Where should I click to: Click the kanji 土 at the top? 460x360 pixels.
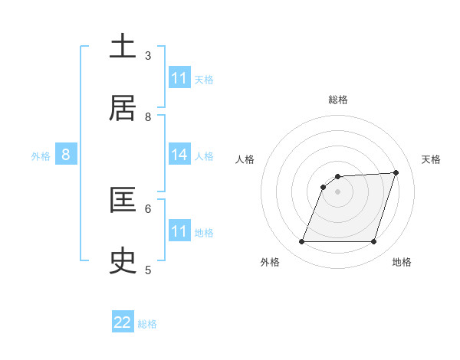tap(123, 47)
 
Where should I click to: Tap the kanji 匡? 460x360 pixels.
tap(123, 200)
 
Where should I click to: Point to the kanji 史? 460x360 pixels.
tap(123, 261)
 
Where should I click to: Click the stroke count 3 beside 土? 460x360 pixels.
tap(148, 55)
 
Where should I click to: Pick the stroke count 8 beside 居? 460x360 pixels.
tap(148, 116)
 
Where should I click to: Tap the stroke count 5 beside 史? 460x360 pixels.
tap(148, 270)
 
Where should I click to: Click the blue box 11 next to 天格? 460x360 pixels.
tap(179, 78)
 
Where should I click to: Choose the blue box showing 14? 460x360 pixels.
tap(179, 155)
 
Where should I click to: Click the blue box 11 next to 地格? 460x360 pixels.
tap(179, 231)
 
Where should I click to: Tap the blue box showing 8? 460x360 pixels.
tap(66, 155)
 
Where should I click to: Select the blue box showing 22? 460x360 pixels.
tap(123, 322)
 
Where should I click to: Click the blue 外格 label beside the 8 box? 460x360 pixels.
tap(41, 156)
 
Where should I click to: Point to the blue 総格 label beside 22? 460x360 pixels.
tap(148, 324)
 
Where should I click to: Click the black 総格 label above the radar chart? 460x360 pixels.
tap(338, 100)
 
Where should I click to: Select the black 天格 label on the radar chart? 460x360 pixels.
tap(431, 159)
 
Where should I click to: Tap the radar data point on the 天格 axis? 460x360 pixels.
tap(396, 172)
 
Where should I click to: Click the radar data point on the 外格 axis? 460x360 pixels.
tap(302, 242)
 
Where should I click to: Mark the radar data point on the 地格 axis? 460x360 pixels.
tap(373, 242)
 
